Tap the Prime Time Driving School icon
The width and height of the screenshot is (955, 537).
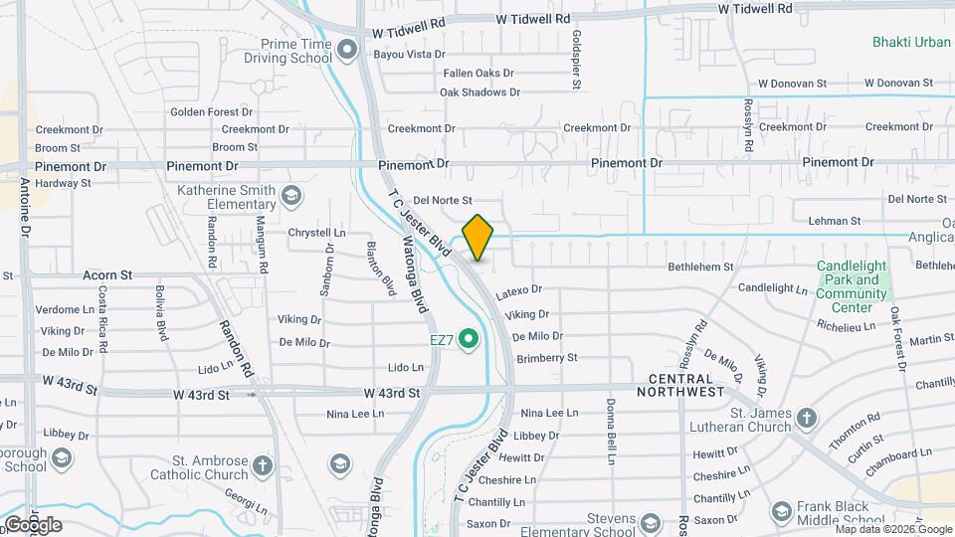347,49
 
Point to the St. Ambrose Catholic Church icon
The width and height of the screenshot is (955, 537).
262,464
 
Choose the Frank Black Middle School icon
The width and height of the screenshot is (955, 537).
781,511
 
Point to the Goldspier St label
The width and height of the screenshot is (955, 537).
576,60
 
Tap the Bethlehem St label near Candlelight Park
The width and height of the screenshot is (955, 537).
700,267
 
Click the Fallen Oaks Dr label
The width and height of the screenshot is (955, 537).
478,74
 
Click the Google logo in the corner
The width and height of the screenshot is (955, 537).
33,524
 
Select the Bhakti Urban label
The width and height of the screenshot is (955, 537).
911,43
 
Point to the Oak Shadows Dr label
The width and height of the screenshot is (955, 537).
479,92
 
